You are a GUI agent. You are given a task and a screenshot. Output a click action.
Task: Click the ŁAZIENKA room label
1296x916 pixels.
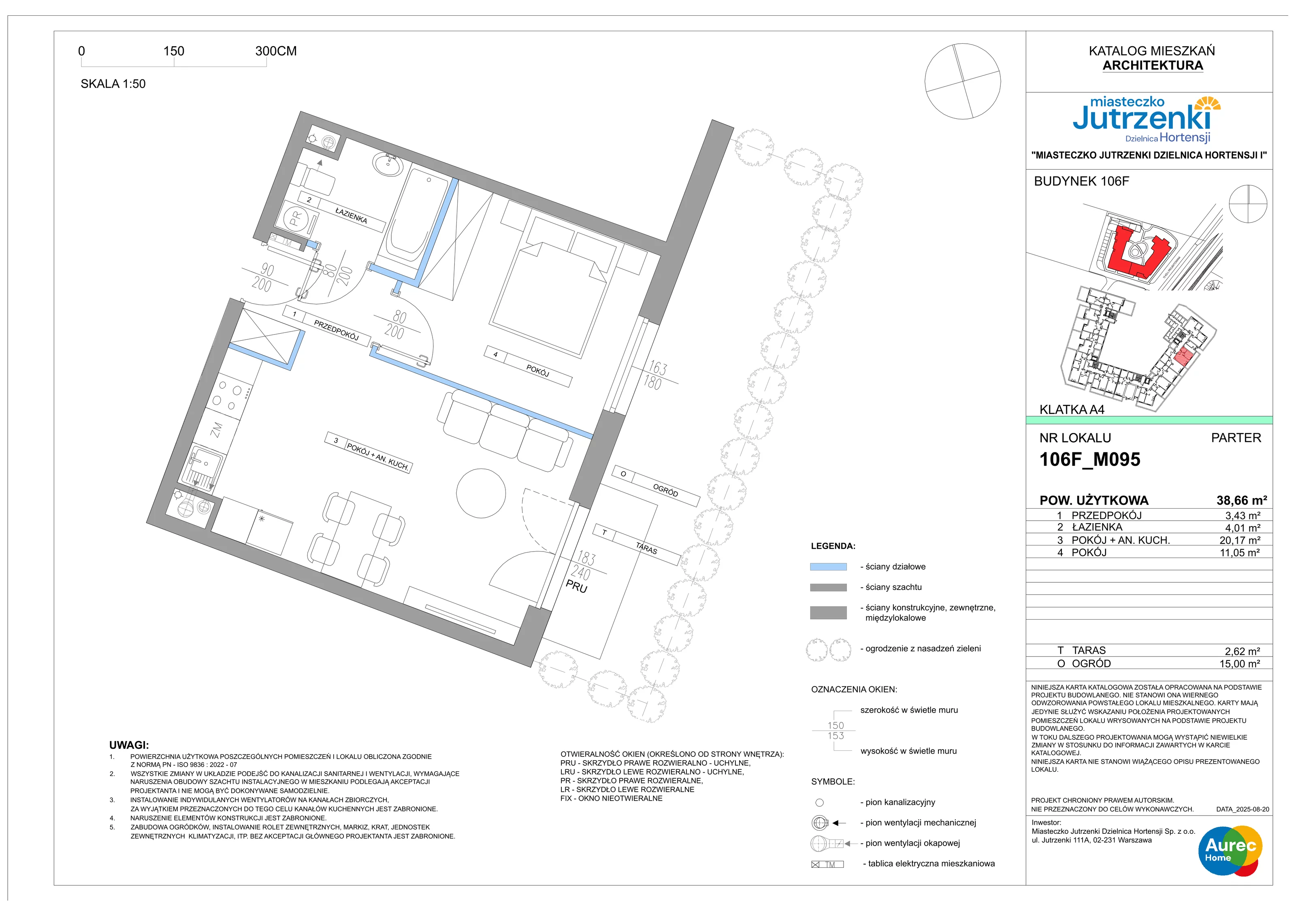tap(351, 215)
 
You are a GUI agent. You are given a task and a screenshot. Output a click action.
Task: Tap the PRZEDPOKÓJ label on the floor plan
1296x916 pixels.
tap(337, 330)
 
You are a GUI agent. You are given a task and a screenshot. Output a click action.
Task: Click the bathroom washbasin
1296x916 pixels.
tap(387, 165)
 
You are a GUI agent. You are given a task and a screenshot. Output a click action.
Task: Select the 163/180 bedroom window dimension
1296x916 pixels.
tap(655, 375)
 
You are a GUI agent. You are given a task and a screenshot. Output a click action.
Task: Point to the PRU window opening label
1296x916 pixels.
tap(576, 586)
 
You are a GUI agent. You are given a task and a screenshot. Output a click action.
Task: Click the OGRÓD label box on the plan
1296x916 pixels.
tap(657, 486)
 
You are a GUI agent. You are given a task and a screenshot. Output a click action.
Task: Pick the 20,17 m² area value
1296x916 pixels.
tap(1240, 540)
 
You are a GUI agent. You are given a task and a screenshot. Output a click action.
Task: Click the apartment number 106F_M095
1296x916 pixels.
tap(1090, 459)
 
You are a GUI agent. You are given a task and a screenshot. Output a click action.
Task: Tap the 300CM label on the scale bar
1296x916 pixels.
tap(276, 51)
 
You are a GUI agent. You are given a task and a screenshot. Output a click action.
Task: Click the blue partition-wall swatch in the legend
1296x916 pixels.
tap(828, 567)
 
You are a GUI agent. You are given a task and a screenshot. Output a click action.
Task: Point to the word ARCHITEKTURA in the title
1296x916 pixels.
tap(1153, 66)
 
